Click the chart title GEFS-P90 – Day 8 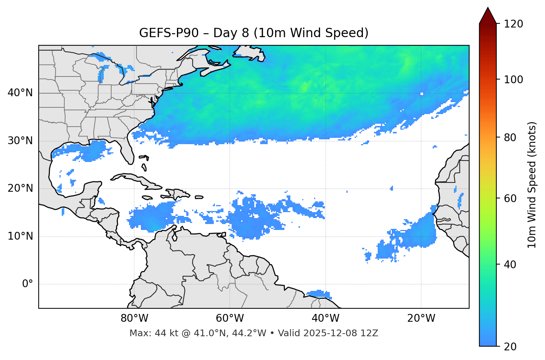(254, 33)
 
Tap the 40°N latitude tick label (20, 93)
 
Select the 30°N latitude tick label (20, 141)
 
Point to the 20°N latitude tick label (20, 188)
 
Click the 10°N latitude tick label (20, 236)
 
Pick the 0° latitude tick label (28, 284)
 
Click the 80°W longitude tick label (134, 318)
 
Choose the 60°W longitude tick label (230, 318)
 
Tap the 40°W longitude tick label (326, 318)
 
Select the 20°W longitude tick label (421, 318)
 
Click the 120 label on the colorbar (513, 24)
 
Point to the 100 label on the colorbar (513, 80)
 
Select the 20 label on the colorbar (510, 347)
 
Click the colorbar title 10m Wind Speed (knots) (532, 185)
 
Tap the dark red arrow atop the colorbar (488, 16)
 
